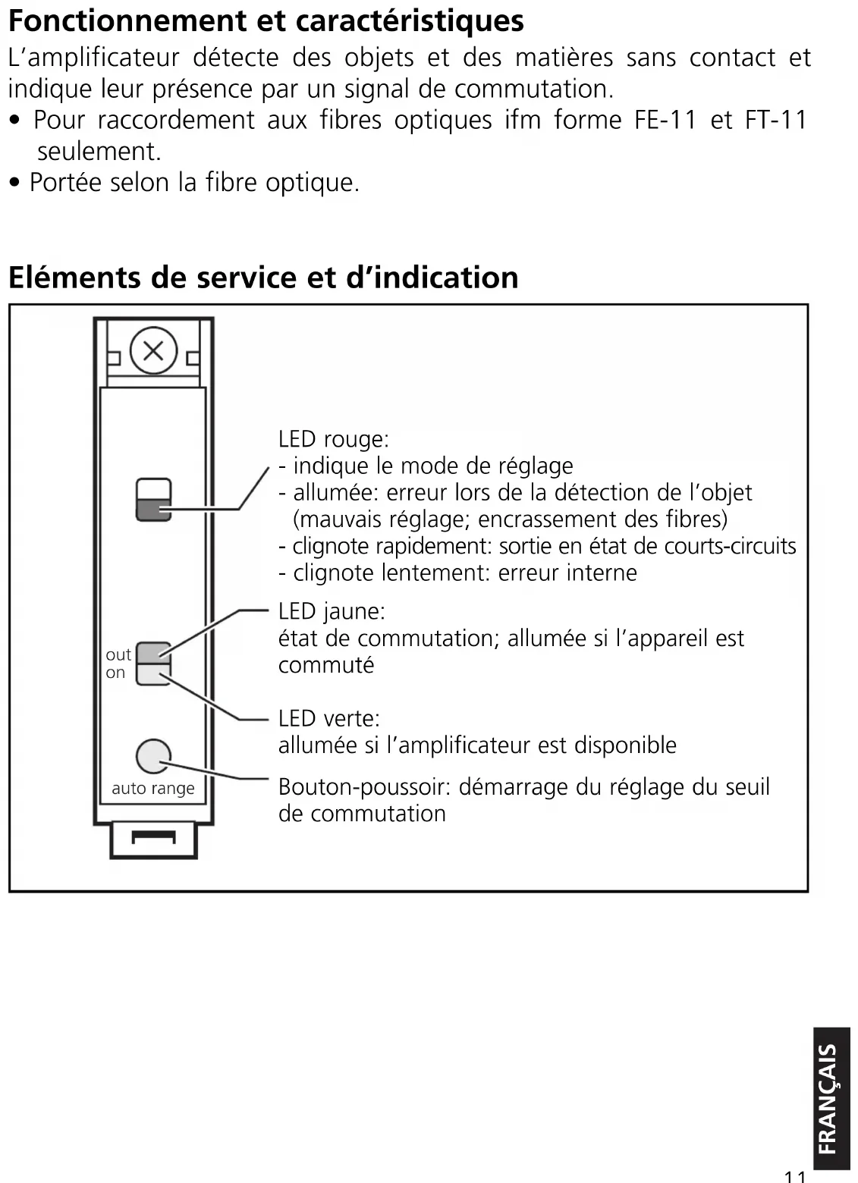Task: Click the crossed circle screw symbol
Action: (154, 351)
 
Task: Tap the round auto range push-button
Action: (153, 756)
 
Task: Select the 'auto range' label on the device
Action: (153, 789)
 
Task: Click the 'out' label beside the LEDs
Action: (119, 654)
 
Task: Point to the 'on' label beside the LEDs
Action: (115, 673)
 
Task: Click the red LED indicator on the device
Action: (154, 509)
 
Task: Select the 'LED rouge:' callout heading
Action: (333, 439)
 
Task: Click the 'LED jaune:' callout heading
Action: (332, 611)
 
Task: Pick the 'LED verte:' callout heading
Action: (329, 718)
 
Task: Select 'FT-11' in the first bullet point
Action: (776, 120)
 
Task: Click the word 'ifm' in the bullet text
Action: (523, 120)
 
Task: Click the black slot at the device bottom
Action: (154, 837)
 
